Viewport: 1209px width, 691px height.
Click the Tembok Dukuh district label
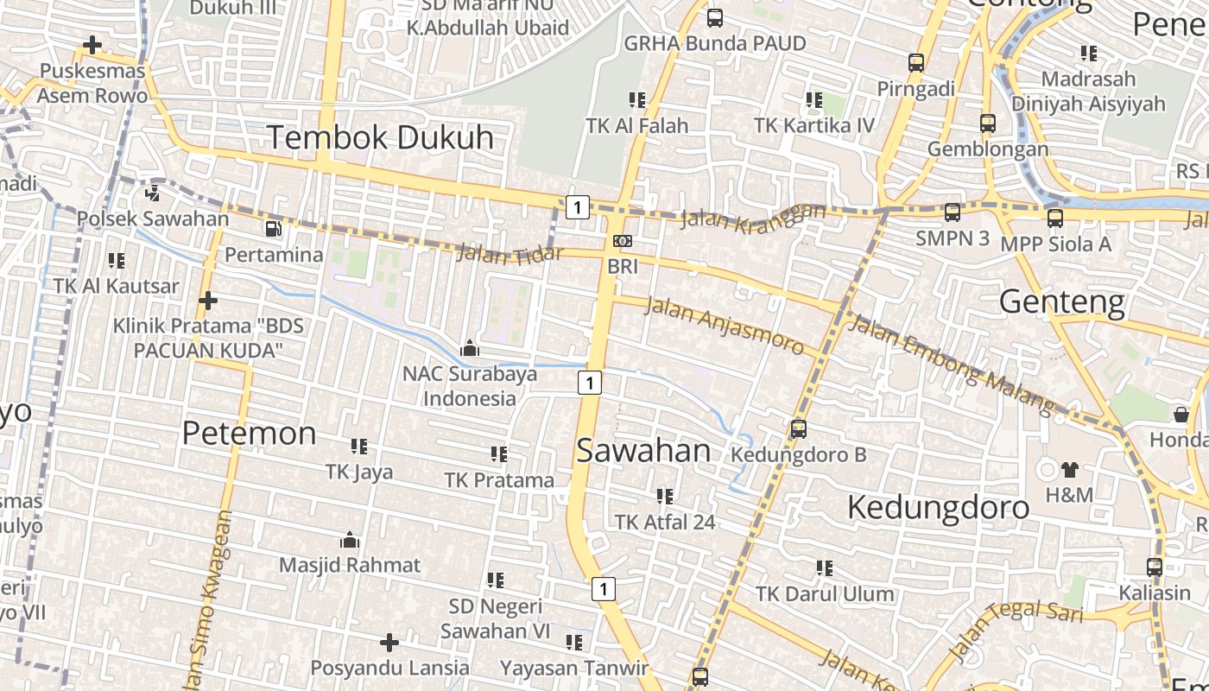[380, 137]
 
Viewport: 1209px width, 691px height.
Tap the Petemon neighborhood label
[249, 433]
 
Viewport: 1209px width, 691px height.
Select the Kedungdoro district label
[938, 507]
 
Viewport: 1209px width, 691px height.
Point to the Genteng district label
[1062, 302]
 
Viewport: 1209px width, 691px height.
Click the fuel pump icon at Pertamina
[273, 229]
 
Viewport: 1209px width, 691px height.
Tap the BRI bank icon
[622, 241]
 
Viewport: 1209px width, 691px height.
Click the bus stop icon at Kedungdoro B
[799, 428]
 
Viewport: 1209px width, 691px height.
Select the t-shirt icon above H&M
[1069, 470]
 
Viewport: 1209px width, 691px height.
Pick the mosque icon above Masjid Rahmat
[350, 541]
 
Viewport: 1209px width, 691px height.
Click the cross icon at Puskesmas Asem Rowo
[92, 45]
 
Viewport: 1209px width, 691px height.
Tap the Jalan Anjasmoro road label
[725, 325]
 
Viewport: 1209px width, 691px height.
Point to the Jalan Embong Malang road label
[951, 363]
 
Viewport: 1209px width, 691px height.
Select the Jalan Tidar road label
[509, 254]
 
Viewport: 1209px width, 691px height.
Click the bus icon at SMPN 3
[953, 212]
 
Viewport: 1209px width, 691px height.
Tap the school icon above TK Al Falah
[637, 100]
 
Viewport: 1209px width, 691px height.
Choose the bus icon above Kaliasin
[1155, 567]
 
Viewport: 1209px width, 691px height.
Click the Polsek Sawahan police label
[153, 219]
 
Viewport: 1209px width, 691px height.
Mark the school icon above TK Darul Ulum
[825, 568]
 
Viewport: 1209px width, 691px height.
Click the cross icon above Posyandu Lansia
[389, 643]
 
